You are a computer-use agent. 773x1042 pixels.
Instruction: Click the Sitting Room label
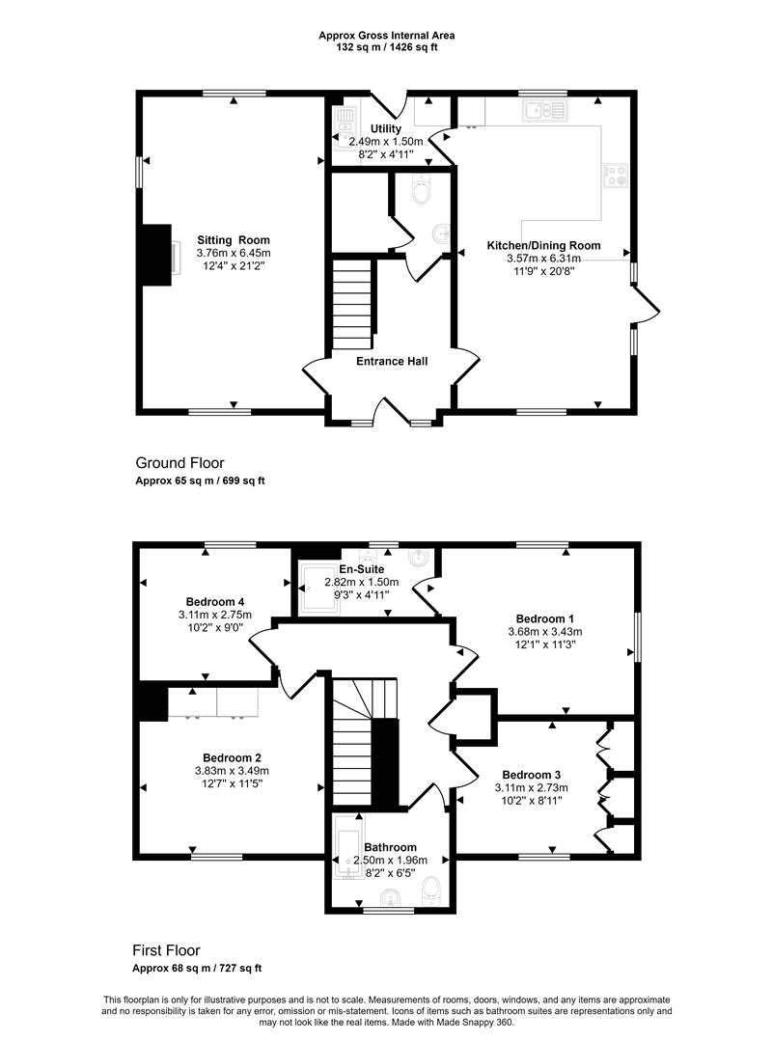click(234, 240)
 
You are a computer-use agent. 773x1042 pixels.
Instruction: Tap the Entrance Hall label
click(392, 362)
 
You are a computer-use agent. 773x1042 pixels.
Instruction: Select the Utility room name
click(386, 129)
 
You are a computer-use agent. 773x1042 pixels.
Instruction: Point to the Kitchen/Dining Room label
click(543, 246)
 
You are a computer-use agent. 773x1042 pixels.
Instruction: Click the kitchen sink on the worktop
click(545, 110)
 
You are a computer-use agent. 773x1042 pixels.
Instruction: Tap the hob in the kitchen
click(616, 175)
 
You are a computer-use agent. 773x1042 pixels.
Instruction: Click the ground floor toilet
click(422, 189)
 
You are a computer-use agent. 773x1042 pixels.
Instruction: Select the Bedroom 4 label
click(210, 603)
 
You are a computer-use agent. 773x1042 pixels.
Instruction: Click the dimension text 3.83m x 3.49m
click(232, 771)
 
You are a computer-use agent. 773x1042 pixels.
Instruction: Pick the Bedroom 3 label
click(531, 775)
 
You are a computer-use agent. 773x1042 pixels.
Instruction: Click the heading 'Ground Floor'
click(180, 463)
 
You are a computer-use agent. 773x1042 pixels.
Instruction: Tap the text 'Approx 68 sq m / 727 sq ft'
click(197, 969)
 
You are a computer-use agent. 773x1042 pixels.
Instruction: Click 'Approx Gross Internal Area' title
click(387, 36)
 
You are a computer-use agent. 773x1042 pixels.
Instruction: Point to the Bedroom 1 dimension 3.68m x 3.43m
click(545, 631)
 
